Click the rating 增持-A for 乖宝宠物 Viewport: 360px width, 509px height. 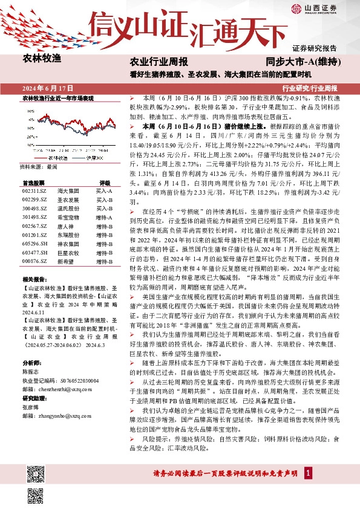tap(104, 216)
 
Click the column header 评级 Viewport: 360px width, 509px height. tap(105, 182)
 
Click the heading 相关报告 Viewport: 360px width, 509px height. tap(34, 280)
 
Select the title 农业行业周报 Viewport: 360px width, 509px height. tap(159, 62)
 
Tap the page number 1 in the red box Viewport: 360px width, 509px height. tap(308, 488)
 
